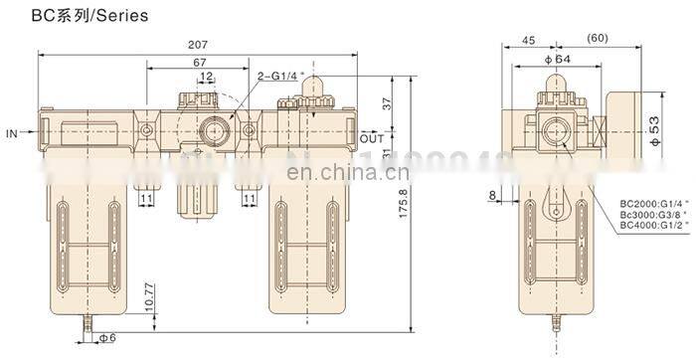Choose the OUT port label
[x=372, y=137]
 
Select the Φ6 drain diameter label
[x=107, y=338]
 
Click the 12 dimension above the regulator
[x=206, y=78]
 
